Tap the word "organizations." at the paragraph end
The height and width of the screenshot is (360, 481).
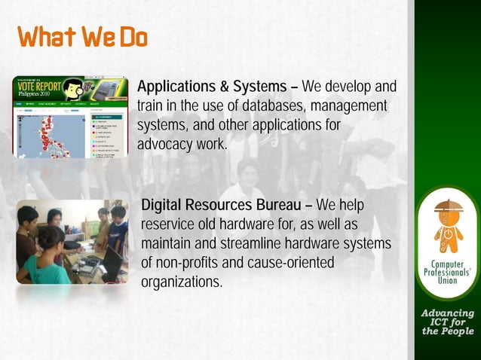click(182, 283)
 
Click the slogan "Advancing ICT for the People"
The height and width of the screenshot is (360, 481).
click(448, 322)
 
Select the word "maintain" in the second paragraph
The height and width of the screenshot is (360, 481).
click(166, 245)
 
